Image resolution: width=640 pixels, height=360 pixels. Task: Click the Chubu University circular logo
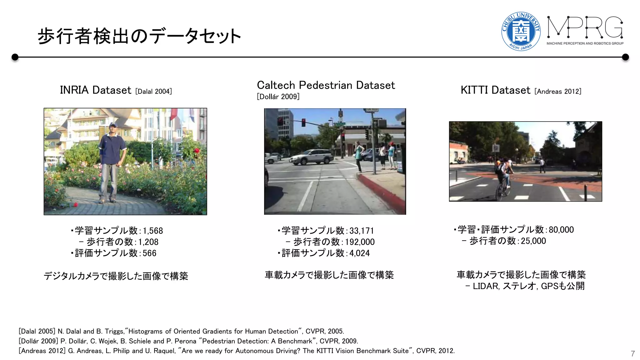521,31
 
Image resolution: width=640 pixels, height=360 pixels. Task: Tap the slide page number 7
632,353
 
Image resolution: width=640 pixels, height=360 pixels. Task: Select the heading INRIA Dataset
95,90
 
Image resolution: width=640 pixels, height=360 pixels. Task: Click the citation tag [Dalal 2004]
153,92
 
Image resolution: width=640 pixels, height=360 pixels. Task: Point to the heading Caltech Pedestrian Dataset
326,85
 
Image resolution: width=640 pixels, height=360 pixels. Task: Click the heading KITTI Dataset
495,90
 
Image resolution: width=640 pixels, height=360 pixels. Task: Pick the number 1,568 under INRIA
153,231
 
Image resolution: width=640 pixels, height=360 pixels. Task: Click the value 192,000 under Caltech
360,242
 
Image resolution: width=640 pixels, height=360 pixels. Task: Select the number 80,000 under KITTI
561,230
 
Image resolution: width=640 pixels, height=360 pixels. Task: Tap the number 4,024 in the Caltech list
359,253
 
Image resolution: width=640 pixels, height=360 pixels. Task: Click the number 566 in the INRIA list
149,253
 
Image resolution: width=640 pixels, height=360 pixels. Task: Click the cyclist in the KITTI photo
502,178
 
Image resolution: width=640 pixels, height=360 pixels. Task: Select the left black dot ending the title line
15,57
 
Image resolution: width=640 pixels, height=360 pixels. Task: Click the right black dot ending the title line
625,57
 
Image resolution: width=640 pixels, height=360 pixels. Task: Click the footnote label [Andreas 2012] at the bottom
42,351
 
